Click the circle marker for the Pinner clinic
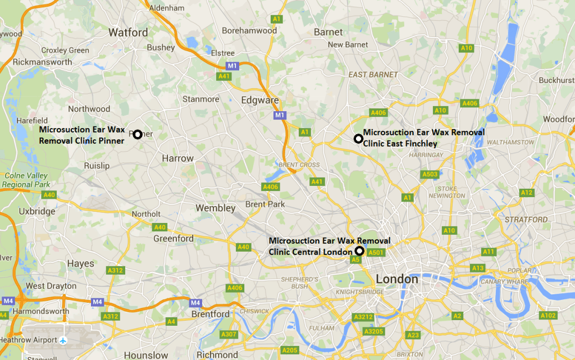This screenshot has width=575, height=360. point(137,134)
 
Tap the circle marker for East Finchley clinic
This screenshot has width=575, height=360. point(358,138)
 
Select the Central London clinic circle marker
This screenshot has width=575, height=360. point(359,250)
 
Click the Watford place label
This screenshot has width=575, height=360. point(128,32)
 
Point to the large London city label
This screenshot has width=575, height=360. point(397,279)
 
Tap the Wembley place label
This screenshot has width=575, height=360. point(216,208)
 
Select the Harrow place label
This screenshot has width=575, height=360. point(177,158)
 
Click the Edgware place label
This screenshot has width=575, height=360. point(259,100)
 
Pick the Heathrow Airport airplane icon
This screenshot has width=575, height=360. point(63,340)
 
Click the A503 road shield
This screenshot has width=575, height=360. point(430,175)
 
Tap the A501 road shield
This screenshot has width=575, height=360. point(376,253)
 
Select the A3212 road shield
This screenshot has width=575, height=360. point(363,317)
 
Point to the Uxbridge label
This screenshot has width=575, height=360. point(37,211)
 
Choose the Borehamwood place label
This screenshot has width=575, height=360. point(249,30)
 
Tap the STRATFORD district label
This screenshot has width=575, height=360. point(526,220)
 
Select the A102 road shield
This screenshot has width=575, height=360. point(548,316)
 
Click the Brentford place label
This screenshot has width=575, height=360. point(211,314)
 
